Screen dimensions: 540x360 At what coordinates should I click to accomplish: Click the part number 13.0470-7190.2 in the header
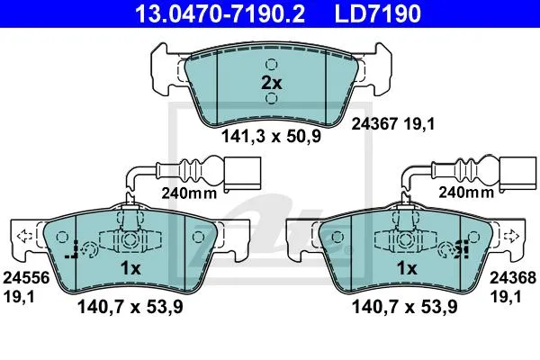coord(220,13)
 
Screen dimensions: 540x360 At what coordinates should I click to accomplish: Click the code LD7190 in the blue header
coord(378,13)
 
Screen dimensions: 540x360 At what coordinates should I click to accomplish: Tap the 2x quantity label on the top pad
coord(272,83)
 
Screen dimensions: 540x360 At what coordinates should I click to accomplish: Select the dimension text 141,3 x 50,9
coord(271,136)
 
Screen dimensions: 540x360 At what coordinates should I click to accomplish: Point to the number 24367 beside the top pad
coord(374,123)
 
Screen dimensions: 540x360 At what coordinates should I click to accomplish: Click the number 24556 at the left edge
coord(26,278)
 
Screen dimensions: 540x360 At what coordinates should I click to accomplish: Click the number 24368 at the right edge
coord(513,278)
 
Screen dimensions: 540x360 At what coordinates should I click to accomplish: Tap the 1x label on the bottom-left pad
coord(130,268)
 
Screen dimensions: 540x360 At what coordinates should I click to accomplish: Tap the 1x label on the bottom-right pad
coord(407,268)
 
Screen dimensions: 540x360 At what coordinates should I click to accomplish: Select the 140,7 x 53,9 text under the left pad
coord(130,307)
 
